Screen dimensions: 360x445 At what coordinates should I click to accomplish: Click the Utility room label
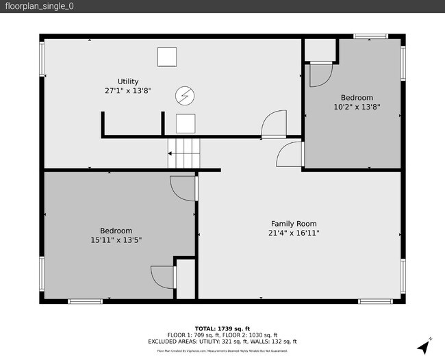pyautogui.click(x=127, y=81)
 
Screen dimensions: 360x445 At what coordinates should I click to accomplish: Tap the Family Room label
pyautogui.click(x=294, y=224)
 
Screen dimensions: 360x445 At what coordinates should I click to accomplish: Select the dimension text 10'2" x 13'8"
pyautogui.click(x=357, y=107)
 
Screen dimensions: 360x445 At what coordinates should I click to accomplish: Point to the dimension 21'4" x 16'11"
pyautogui.click(x=294, y=233)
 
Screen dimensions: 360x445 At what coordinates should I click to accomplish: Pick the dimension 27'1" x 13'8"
pyautogui.click(x=127, y=90)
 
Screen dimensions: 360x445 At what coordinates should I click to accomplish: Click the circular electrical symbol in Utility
pyautogui.click(x=183, y=97)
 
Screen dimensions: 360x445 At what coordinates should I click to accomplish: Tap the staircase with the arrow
pyautogui.click(x=183, y=154)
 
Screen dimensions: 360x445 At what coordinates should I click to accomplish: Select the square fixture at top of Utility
pyautogui.click(x=167, y=57)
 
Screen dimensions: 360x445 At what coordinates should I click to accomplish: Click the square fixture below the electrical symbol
pyautogui.click(x=186, y=123)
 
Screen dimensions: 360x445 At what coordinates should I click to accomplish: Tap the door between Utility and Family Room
pyautogui.click(x=274, y=125)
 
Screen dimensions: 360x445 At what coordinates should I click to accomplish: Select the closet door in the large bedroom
pyautogui.click(x=163, y=277)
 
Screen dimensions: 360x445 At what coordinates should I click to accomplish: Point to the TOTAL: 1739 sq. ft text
pyautogui.click(x=222, y=328)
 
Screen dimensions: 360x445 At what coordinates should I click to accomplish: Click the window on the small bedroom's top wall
pyautogui.click(x=370, y=36)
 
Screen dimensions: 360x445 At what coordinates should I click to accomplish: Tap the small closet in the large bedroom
pyautogui.click(x=186, y=279)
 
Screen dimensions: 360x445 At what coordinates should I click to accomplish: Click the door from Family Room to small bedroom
pyautogui.click(x=290, y=154)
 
